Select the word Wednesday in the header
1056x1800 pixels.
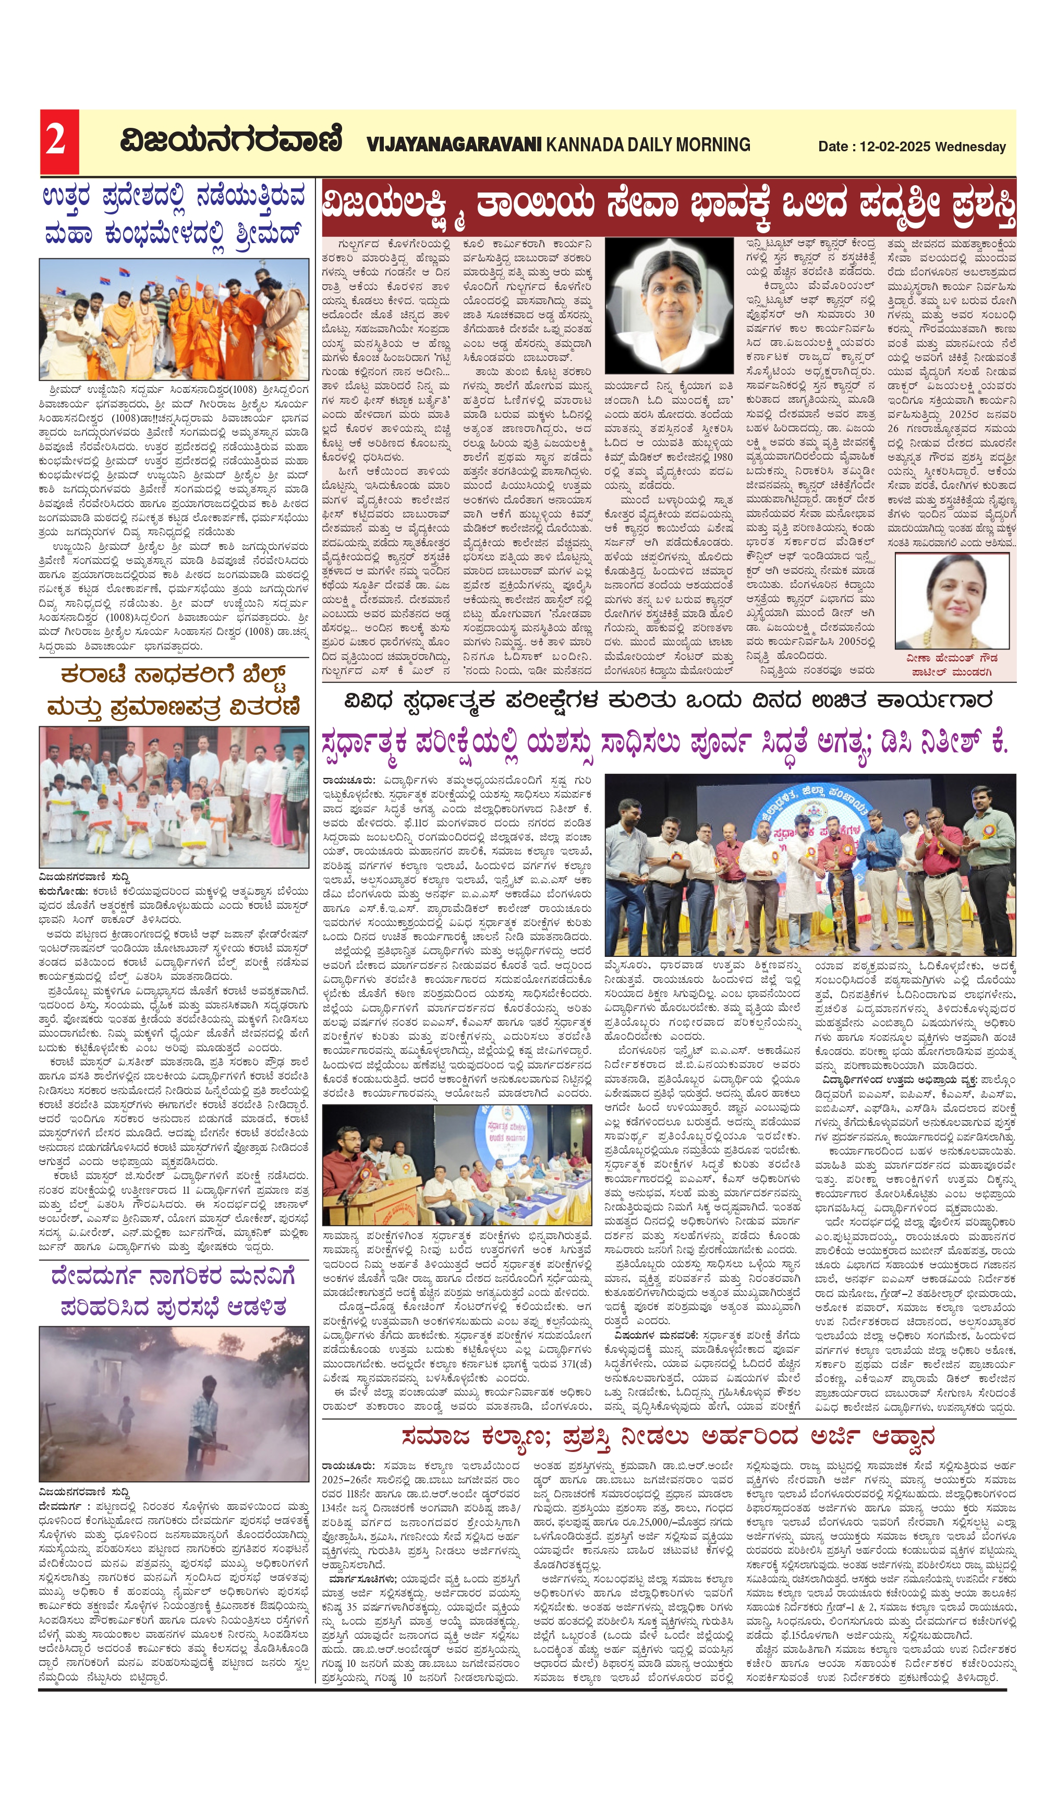click(970, 147)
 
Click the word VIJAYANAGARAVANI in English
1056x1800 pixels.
click(454, 145)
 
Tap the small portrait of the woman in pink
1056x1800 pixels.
click(951, 601)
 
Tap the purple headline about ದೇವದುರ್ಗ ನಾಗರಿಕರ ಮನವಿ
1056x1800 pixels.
click(174, 1291)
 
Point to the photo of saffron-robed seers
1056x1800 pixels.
click(174, 319)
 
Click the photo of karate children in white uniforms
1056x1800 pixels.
click(174, 796)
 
